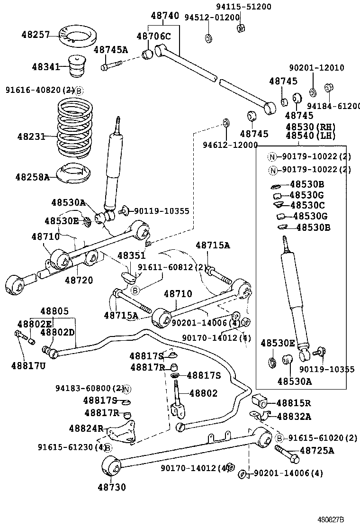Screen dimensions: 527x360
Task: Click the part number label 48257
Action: pos(36,35)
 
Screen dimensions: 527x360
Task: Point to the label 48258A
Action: pos(32,177)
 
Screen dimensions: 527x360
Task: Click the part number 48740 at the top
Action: pos(165,16)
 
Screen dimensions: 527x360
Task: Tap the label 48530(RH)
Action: pos(310,127)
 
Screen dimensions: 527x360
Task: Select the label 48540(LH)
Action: pos(310,136)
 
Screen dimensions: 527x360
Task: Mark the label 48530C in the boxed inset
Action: pos(307,205)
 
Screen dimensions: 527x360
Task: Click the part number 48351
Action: pos(132,255)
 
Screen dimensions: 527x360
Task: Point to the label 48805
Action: pos(54,311)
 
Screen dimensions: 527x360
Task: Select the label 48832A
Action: pos(294,416)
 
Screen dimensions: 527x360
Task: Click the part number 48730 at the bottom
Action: pos(112,487)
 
